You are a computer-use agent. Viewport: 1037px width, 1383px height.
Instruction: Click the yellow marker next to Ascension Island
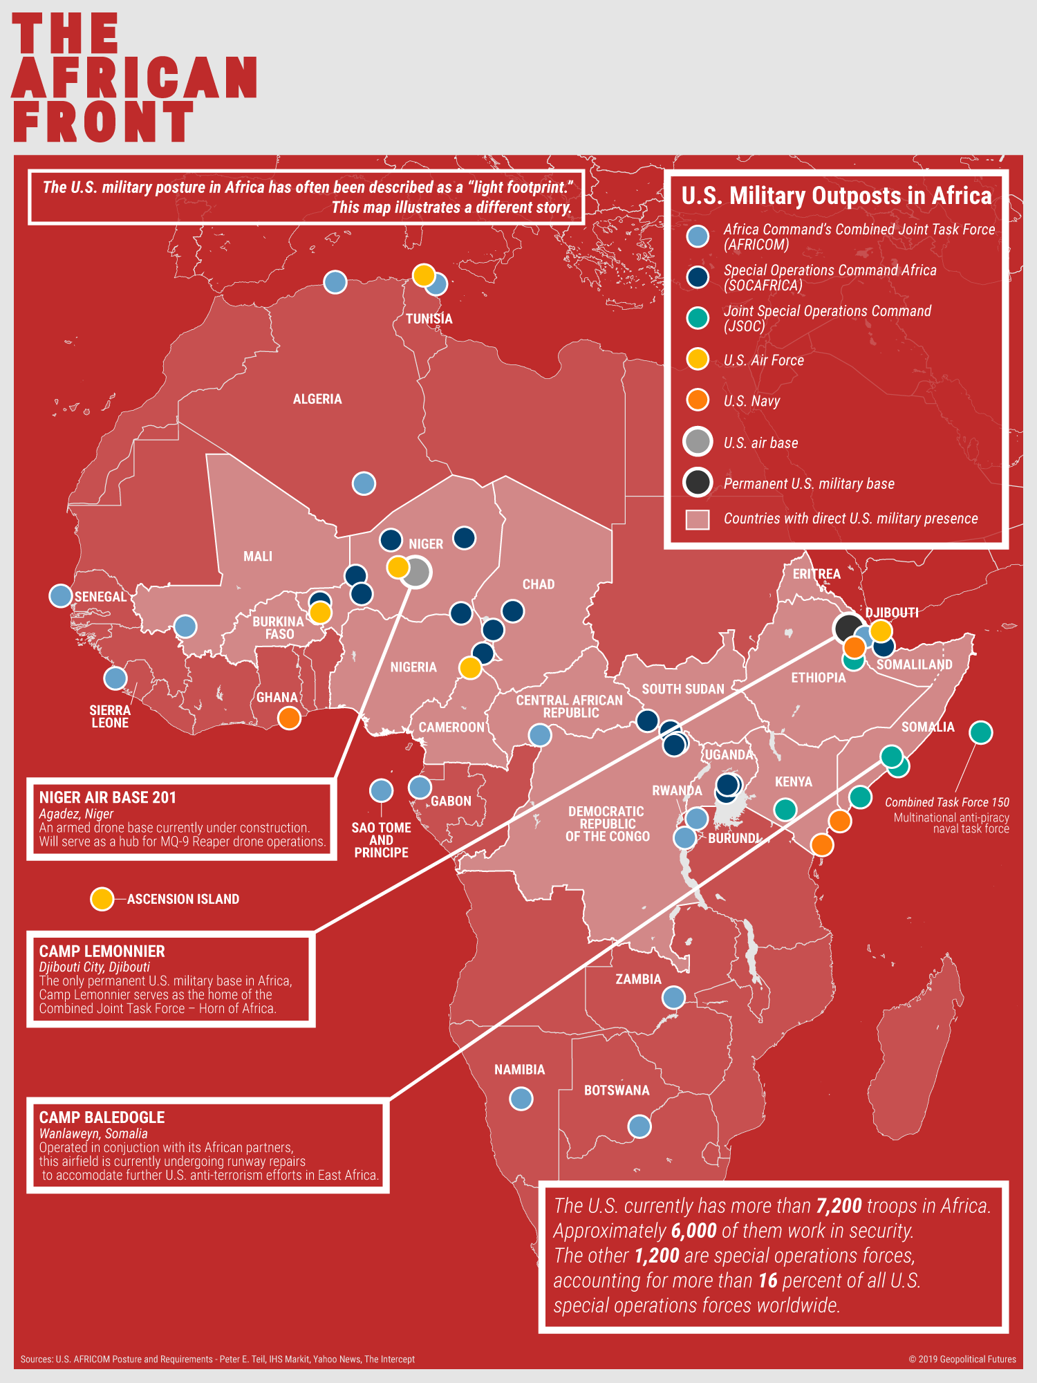point(102,898)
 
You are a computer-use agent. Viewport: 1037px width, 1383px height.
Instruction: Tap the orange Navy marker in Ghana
point(289,718)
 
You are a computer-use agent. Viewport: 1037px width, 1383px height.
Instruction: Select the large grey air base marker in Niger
point(416,572)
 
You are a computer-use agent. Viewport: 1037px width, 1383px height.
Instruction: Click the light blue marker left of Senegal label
point(61,595)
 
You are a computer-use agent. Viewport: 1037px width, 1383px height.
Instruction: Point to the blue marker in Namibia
point(521,1097)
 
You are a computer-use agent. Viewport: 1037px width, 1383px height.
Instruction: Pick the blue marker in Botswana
point(639,1126)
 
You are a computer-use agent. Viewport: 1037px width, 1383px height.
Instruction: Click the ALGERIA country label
point(317,399)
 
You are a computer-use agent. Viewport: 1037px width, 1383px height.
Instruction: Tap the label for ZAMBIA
point(638,979)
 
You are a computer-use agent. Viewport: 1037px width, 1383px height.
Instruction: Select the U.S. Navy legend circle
point(698,400)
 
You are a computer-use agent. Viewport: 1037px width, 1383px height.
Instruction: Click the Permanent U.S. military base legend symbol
point(698,482)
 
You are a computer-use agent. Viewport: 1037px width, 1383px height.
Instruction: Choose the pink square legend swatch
point(698,519)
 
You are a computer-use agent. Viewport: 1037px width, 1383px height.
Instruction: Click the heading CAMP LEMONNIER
point(102,952)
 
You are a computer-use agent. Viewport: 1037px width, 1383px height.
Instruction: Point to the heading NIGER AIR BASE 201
point(107,797)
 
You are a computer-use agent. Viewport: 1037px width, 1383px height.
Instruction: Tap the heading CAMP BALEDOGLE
point(102,1117)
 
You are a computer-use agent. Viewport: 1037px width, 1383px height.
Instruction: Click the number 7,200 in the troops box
point(839,1206)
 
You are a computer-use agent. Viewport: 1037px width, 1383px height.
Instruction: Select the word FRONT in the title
point(104,122)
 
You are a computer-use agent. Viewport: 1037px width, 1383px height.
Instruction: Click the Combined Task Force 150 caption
point(946,802)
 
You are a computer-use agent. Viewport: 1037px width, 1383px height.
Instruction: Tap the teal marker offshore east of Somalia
point(980,732)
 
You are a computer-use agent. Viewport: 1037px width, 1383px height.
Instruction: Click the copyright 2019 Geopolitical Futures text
point(962,1359)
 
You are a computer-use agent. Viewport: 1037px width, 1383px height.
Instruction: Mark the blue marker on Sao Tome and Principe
point(381,790)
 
